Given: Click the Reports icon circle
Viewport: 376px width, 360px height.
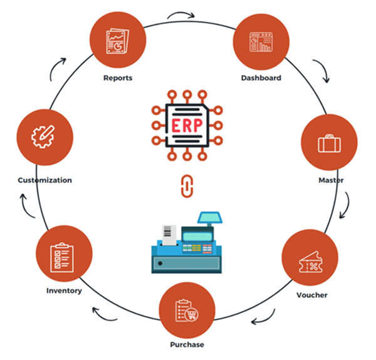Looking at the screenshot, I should click(118, 42).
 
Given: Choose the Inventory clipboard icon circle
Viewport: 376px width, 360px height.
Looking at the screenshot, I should click(64, 256).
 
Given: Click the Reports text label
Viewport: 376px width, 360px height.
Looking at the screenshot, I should click(118, 79).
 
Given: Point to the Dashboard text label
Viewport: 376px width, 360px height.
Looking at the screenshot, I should click(261, 78).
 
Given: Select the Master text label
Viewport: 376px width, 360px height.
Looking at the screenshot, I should click(330, 181).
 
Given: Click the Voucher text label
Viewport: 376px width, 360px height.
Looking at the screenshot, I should click(311, 295).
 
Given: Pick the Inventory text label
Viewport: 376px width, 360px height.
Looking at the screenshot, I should click(64, 291).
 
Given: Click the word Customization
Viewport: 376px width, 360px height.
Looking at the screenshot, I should click(44, 180).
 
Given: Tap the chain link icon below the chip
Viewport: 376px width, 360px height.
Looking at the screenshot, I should click(185, 186).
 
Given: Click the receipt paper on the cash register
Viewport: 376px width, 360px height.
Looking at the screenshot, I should click(167, 232).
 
